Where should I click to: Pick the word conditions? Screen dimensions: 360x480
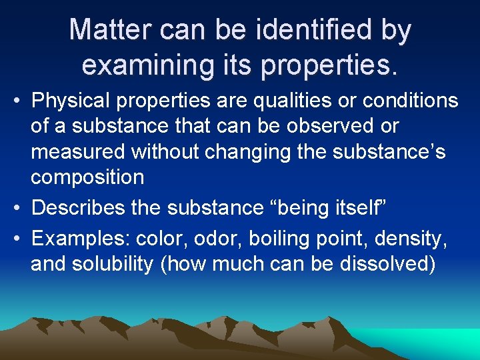(405, 101)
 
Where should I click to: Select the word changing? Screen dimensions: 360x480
(239, 152)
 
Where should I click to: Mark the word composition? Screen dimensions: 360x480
(87, 177)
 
